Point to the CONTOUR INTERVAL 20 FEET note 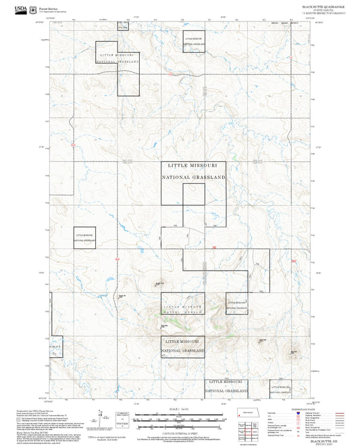click(x=179, y=432)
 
